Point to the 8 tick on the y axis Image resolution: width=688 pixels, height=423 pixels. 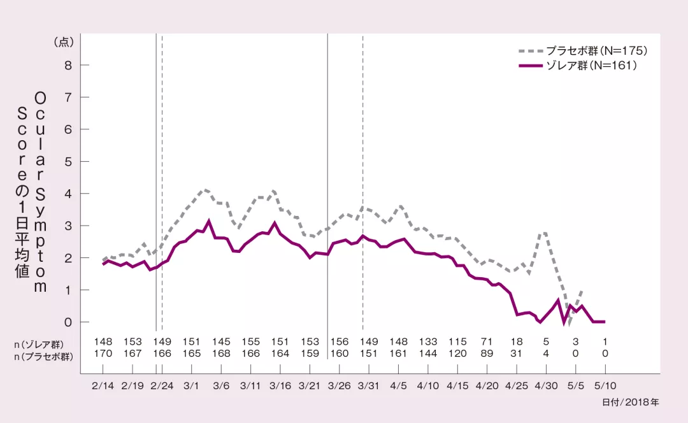pyautogui.click(x=67, y=65)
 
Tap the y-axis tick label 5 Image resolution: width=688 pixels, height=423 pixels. pyautogui.click(x=67, y=161)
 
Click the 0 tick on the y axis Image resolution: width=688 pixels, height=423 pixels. pyautogui.click(x=67, y=322)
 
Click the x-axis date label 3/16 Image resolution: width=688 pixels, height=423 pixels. pyautogui.click(x=280, y=385)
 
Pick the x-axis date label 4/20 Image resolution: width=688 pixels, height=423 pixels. pyautogui.click(x=487, y=385)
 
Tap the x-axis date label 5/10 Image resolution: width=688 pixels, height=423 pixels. pyautogui.click(x=605, y=385)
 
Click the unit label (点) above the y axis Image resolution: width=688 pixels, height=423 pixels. pyautogui.click(x=64, y=42)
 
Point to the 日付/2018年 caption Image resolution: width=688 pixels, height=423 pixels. pyautogui.click(x=630, y=403)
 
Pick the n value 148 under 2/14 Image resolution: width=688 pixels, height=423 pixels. pyautogui.click(x=103, y=342)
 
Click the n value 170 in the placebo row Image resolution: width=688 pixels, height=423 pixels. pyautogui.click(x=103, y=354)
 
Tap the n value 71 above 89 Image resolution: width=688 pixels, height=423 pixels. pyautogui.click(x=487, y=342)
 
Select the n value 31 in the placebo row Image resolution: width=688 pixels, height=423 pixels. pyautogui.click(x=517, y=354)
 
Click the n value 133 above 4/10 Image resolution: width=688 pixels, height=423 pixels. pyautogui.click(x=428, y=342)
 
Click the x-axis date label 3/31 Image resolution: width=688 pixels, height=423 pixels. pyautogui.click(x=369, y=385)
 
